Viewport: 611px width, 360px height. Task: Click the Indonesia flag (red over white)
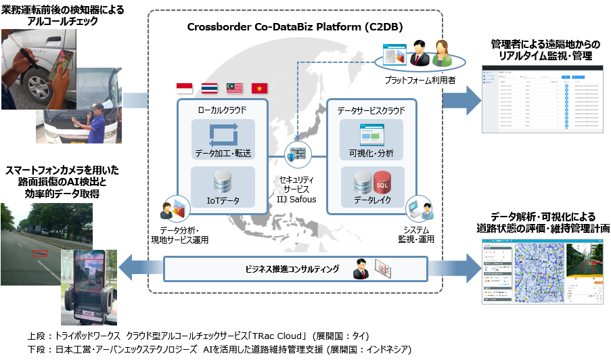pos(184,88)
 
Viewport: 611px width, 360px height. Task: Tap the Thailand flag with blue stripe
pos(209,88)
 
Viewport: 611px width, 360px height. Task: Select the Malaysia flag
pos(234,88)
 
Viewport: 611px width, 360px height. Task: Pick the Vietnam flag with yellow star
pos(259,88)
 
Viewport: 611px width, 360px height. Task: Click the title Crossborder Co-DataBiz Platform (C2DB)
pos(295,27)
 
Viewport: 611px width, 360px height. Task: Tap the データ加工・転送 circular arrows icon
pos(223,132)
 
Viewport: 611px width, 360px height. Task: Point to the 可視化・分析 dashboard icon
pos(370,133)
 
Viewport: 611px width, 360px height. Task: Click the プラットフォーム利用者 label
pos(409,79)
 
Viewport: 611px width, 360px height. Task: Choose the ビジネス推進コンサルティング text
pos(292,269)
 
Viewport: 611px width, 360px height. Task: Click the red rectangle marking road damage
pos(40,254)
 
